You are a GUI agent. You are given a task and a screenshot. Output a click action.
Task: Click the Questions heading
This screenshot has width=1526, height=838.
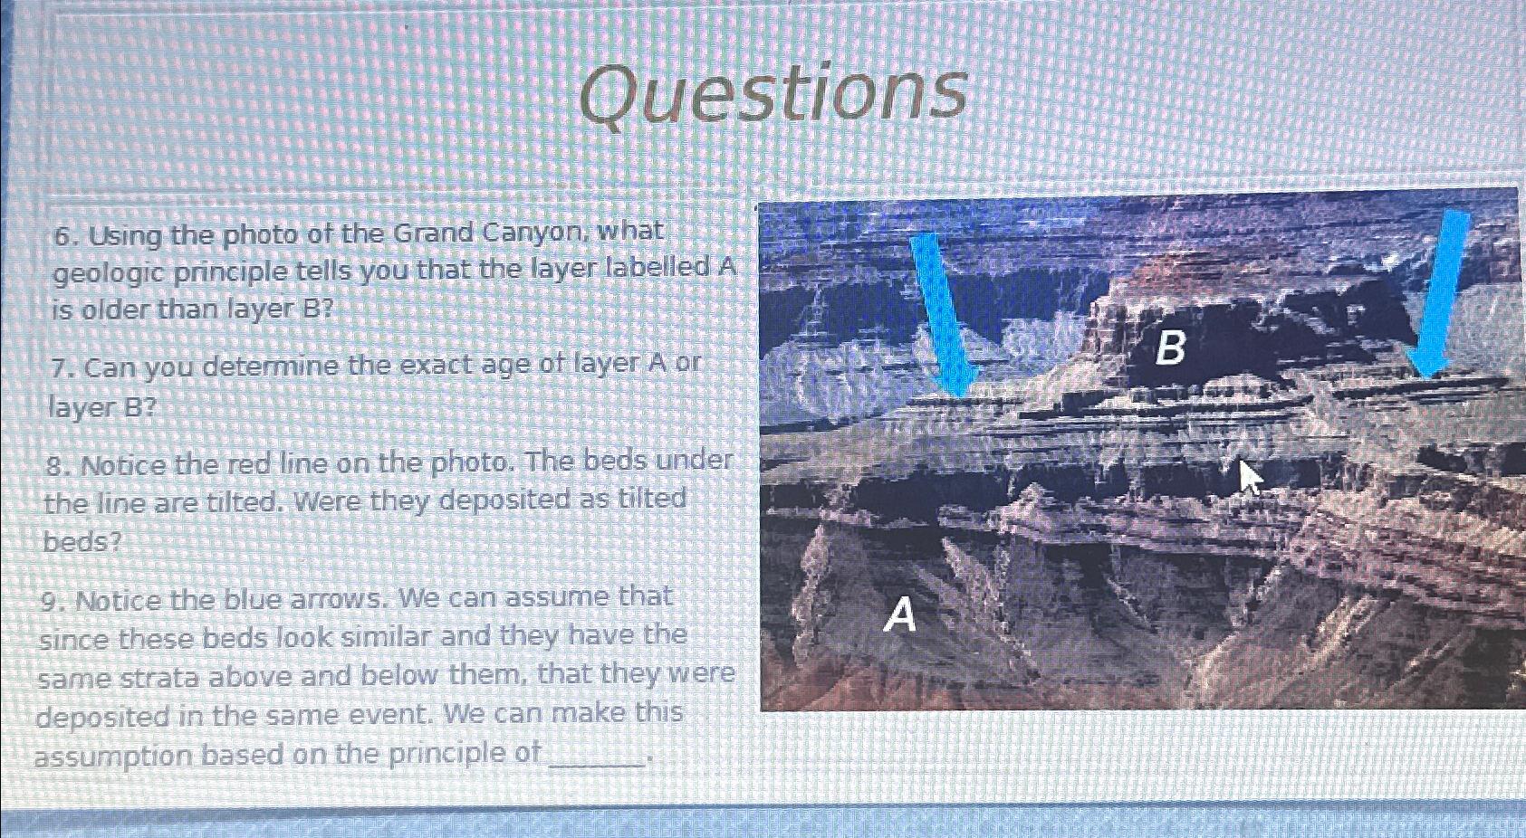(x=773, y=94)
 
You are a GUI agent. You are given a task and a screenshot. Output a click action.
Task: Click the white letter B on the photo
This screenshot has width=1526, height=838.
(x=1170, y=348)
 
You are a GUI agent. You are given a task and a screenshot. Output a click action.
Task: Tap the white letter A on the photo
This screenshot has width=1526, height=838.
(x=900, y=616)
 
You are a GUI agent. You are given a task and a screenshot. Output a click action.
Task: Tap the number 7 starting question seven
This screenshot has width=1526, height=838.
(x=61, y=369)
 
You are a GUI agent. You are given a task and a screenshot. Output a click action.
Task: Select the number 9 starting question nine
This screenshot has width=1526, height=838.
(x=53, y=602)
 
